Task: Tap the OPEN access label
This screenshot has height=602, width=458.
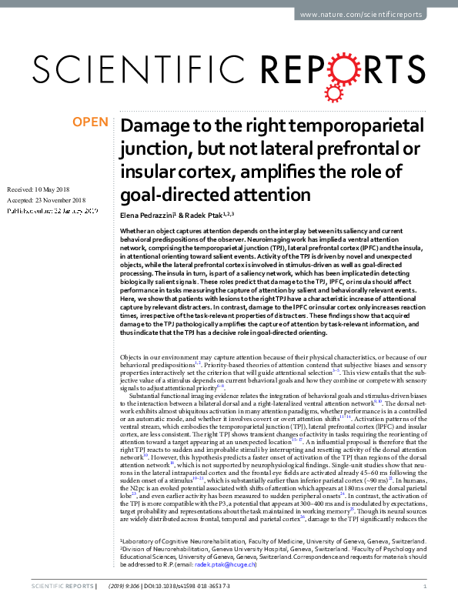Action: (x=89, y=122)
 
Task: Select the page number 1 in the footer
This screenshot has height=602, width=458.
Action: (x=425, y=587)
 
